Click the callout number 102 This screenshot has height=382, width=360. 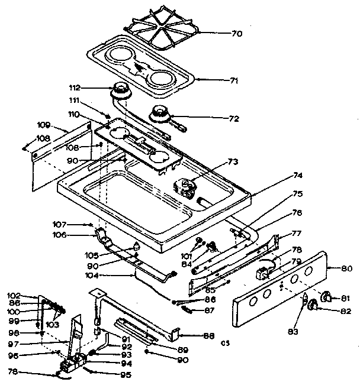[31, 295]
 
